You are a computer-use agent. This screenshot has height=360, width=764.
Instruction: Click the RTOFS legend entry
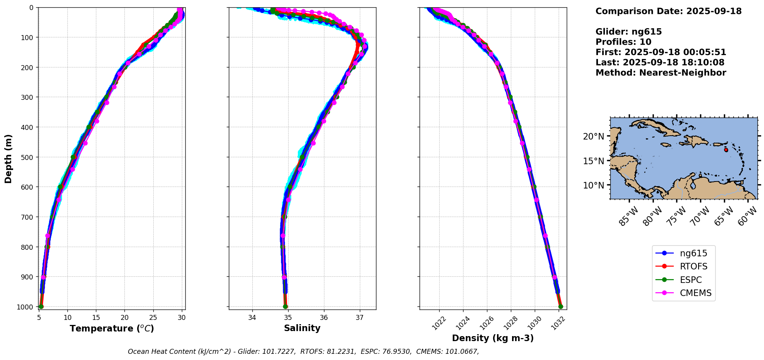pos(693,267)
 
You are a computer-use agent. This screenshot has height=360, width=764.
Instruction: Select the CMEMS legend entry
pos(695,293)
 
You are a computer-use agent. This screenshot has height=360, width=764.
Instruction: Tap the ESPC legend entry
pos(690,280)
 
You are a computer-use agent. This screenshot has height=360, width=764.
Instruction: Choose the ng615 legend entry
pos(693,254)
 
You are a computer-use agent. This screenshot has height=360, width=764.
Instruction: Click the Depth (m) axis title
pos(8,158)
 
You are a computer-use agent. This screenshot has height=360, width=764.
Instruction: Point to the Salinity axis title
pos(302,328)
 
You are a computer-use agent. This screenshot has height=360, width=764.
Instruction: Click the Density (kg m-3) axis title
pos(493,338)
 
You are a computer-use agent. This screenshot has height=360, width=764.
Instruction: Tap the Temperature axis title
pos(112,329)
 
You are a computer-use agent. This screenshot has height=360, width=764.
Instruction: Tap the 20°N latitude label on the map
pos(593,136)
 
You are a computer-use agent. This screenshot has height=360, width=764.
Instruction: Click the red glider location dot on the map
pos(726,150)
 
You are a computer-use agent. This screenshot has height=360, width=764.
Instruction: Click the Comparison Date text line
pos(668,11)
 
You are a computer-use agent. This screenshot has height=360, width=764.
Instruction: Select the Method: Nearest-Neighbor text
pos(661,73)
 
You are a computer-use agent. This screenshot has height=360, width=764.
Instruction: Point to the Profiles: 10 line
pos(623,42)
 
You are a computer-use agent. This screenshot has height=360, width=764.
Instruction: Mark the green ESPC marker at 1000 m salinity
pos(285,307)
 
